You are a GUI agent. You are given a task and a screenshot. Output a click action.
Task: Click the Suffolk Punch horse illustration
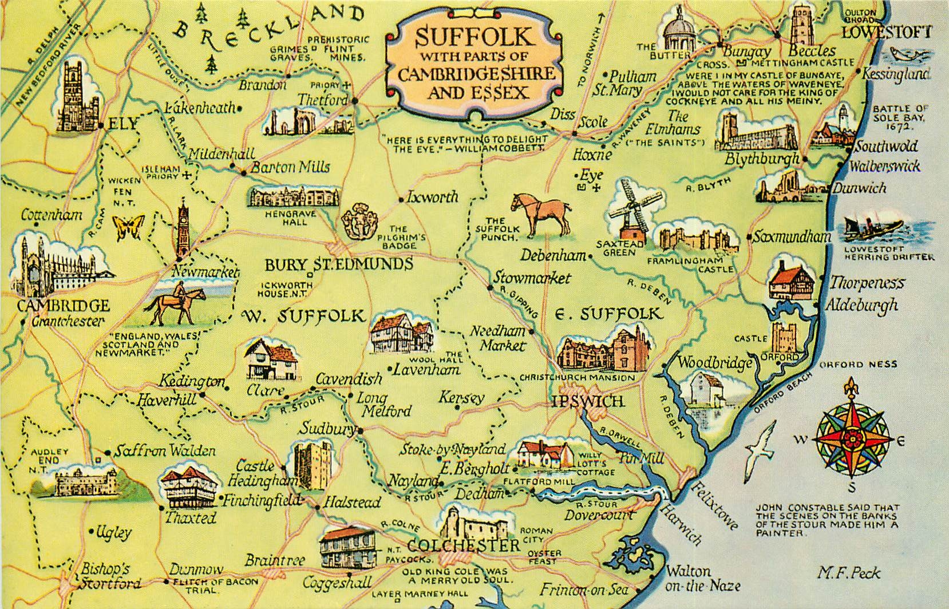click(x=540, y=215)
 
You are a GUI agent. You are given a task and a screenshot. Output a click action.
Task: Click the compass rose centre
click(x=852, y=438)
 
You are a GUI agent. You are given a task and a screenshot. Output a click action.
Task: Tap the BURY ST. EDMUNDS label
click(x=339, y=264)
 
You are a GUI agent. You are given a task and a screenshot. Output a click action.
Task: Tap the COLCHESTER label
click(x=464, y=545)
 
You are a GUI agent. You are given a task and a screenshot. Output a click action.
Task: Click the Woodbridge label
click(x=714, y=363)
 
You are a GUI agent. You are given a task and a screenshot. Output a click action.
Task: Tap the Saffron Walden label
click(x=164, y=451)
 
